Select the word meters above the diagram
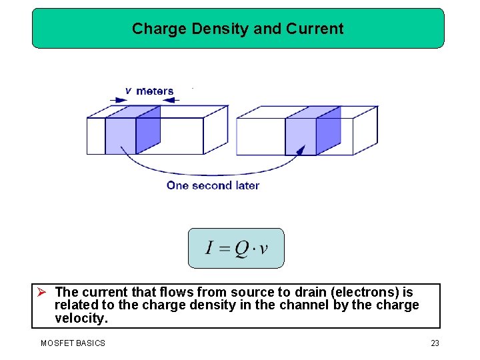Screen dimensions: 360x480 155,91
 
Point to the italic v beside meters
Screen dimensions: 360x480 128,91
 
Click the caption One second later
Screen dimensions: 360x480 213,185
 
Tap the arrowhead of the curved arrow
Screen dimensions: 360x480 301,150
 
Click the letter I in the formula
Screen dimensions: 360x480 209,248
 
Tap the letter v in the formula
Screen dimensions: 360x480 263,249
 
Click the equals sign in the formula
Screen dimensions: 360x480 223,249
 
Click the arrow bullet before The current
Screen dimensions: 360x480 41,292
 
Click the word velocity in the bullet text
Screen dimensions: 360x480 81,319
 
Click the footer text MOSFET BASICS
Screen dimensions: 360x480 73,343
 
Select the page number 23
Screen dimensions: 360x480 435,343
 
